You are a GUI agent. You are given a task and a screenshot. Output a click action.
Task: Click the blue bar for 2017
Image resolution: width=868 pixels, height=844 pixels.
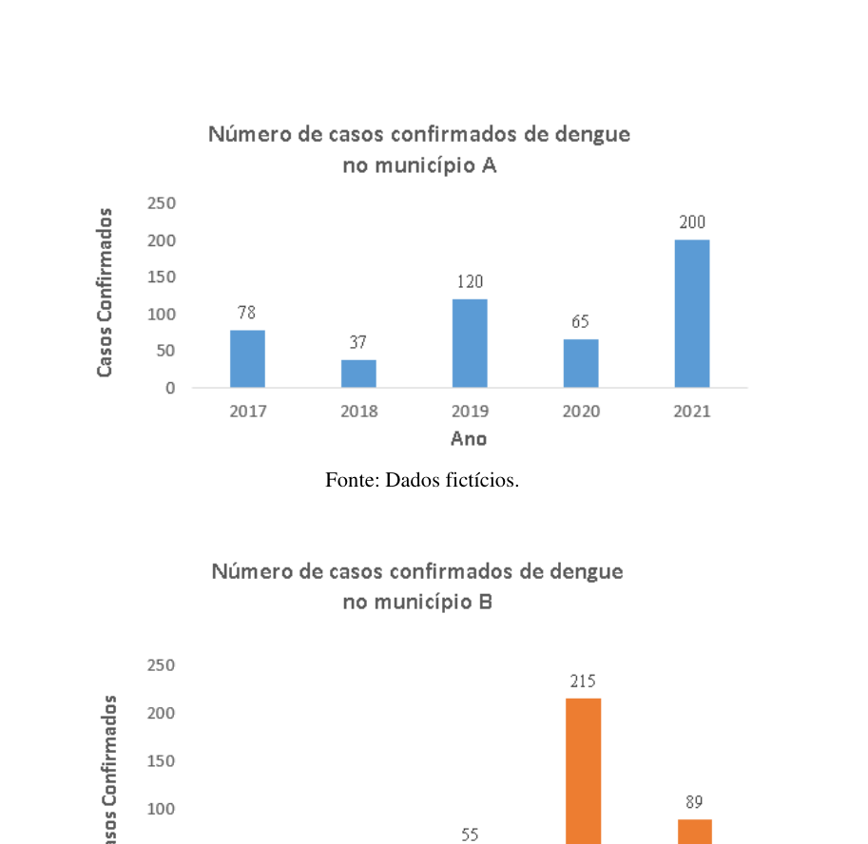pyautogui.click(x=247, y=358)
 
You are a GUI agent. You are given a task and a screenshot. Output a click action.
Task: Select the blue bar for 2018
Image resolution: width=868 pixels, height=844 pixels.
pyautogui.click(x=358, y=374)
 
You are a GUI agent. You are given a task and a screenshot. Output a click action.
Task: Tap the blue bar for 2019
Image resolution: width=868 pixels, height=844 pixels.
pyautogui.click(x=470, y=343)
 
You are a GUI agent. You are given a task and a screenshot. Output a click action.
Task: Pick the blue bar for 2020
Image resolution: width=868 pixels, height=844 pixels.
pyautogui.click(x=581, y=363)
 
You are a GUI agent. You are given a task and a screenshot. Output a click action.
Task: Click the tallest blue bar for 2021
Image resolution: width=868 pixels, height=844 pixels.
pyautogui.click(x=692, y=314)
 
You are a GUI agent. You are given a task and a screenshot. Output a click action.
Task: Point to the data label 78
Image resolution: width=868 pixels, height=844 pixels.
pyautogui.click(x=247, y=313)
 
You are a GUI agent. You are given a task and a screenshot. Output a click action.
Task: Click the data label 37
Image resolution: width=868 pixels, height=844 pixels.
pyautogui.click(x=358, y=342)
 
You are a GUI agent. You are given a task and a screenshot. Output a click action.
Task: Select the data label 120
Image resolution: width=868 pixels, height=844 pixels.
pyautogui.click(x=470, y=281)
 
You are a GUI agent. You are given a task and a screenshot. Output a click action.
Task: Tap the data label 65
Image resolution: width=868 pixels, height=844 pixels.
pyautogui.click(x=580, y=321)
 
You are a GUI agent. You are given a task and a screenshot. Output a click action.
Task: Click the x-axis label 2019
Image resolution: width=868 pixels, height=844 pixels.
pyautogui.click(x=470, y=412)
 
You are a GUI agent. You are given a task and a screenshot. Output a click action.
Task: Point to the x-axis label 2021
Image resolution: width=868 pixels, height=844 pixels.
pyautogui.click(x=692, y=412)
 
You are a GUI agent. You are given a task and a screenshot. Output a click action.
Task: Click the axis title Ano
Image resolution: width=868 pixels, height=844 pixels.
pyautogui.click(x=469, y=439)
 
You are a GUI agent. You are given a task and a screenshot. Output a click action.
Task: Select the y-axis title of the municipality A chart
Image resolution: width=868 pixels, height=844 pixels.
pyautogui.click(x=105, y=293)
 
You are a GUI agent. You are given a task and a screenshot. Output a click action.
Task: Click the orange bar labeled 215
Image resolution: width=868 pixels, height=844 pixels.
pyautogui.click(x=584, y=771)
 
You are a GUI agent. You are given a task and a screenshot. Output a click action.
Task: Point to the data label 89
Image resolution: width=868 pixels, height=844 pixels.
pyautogui.click(x=694, y=802)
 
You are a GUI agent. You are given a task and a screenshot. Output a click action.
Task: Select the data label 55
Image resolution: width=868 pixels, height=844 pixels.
pyautogui.click(x=470, y=834)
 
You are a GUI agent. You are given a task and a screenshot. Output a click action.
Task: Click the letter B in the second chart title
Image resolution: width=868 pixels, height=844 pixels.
pyautogui.click(x=486, y=602)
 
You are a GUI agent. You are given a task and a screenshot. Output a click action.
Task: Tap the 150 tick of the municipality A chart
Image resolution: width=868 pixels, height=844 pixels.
pyautogui.click(x=161, y=278)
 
